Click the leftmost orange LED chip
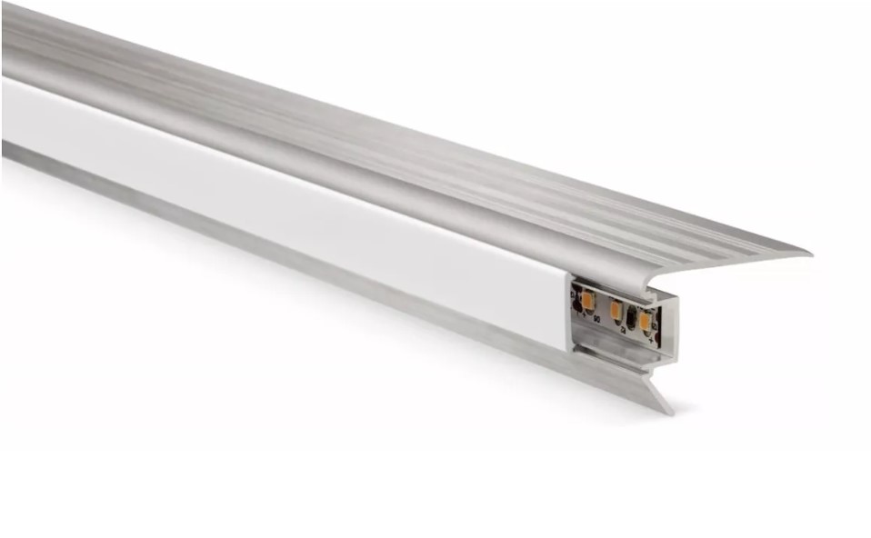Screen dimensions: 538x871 (x=587, y=299)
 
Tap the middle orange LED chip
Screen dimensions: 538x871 (x=616, y=312)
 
